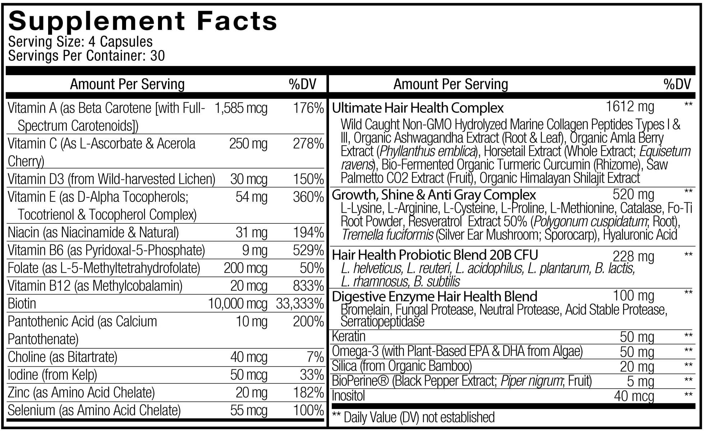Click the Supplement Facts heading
143,21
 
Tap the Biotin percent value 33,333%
300,304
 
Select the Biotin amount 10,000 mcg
238,304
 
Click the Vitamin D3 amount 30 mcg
249,179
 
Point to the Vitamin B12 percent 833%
309,286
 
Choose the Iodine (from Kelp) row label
52,375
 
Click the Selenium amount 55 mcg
249,411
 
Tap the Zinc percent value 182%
309,393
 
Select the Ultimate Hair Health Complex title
418,108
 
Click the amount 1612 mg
630,107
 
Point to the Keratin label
349,337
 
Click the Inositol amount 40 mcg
634,396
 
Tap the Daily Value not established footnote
413,417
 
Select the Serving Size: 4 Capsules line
80,42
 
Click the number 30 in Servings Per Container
157,56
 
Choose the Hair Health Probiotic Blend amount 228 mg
633,256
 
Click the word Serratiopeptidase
382,322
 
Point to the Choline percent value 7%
316,357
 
